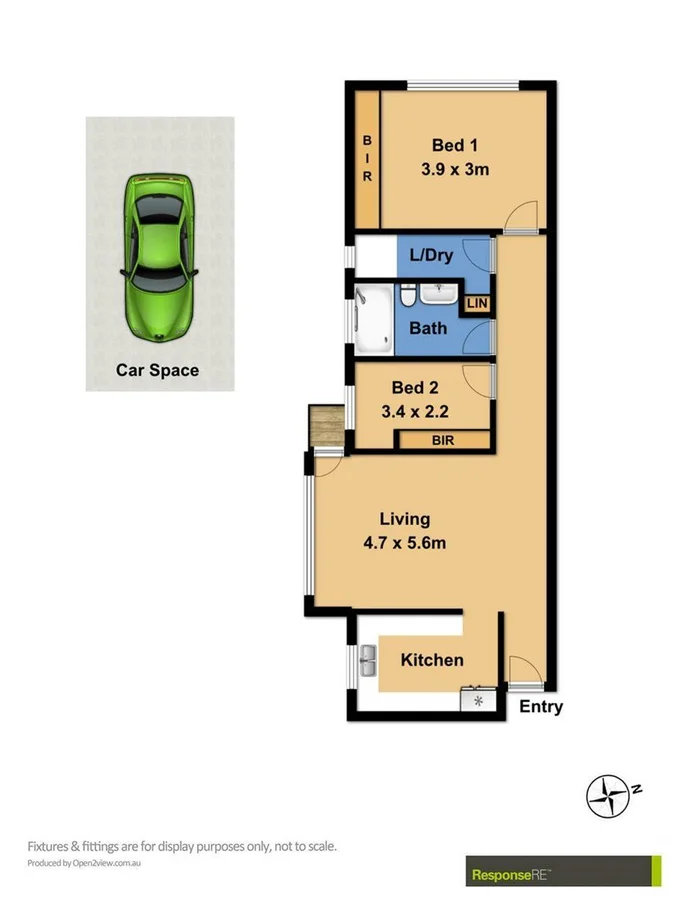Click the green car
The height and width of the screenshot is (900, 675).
(159, 258)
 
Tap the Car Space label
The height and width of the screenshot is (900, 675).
(158, 370)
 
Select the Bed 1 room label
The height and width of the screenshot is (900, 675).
(454, 146)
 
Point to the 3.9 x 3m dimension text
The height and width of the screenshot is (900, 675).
(454, 169)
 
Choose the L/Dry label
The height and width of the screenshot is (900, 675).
(431, 255)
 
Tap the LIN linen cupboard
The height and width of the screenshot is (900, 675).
(478, 303)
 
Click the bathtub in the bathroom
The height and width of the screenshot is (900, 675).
(374, 317)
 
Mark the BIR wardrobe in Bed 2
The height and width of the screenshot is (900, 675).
(444, 439)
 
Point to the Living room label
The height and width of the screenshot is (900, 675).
(404, 519)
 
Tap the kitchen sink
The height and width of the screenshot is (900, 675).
(367, 660)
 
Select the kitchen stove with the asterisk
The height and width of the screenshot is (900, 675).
(478, 700)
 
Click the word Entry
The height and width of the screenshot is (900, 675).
(541, 707)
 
